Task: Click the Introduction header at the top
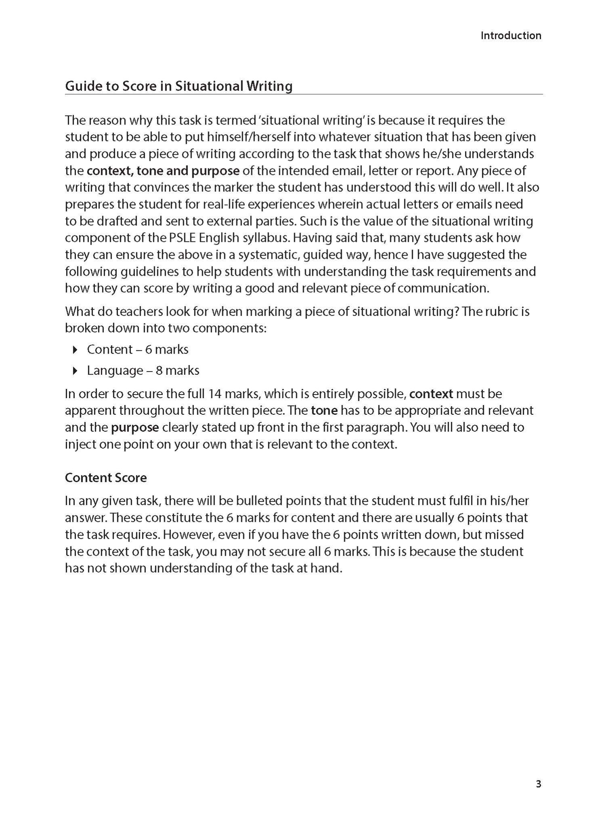coord(511,36)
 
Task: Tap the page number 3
coord(538,784)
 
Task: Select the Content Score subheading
coord(105,478)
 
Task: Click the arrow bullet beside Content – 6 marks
coord(74,350)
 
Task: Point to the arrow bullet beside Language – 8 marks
coord(74,371)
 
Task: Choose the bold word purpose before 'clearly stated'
coord(135,427)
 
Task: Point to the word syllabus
coord(264,238)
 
